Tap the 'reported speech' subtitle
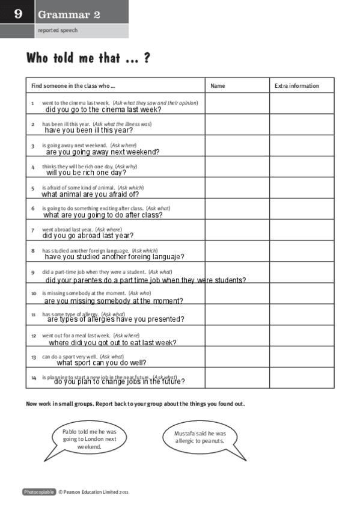pos(58,30)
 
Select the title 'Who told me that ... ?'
pos(88,58)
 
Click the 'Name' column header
pos(218,86)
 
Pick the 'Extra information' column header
pos(296,86)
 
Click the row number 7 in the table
pos(32,230)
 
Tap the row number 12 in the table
pos(34,336)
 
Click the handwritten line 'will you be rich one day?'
pos(86,173)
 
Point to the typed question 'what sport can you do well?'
pos(102,363)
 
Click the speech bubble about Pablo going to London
pos(90,440)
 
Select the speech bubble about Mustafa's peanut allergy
pos(200,437)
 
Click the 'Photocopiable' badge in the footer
pos(38,492)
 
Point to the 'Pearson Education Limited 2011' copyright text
pos(93,492)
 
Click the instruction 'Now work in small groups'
pos(135,404)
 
